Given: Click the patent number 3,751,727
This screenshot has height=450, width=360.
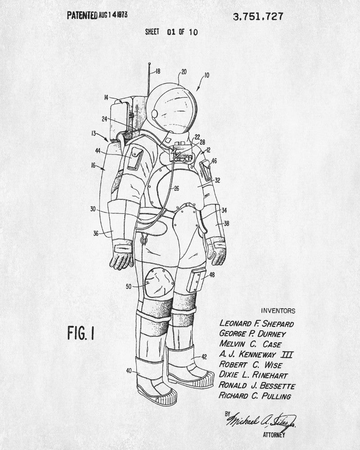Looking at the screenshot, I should tap(258, 17).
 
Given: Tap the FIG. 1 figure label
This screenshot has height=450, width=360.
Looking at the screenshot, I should tap(81, 334).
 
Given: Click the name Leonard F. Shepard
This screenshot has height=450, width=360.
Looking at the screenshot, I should tap(256, 323).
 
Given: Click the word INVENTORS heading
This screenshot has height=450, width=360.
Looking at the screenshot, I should tap(278, 310).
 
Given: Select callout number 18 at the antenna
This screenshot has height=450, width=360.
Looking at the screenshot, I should tap(157, 71).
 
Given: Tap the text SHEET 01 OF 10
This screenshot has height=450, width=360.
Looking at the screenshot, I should tap(171, 32).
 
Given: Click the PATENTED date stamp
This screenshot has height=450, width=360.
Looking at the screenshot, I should tap(97, 15).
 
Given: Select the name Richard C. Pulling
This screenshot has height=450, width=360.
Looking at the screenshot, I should tap(255, 396).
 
